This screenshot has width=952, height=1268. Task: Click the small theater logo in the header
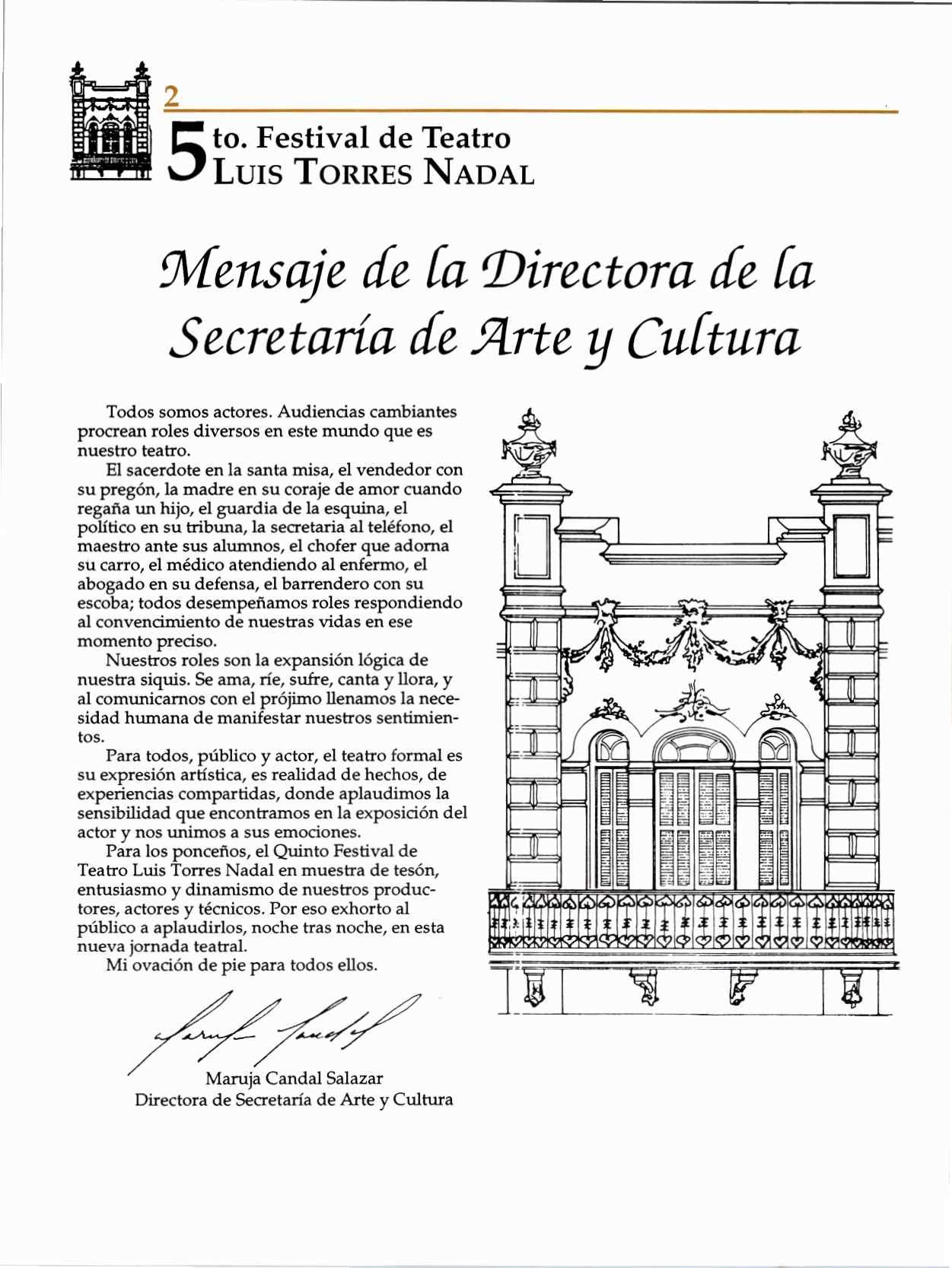[x=110, y=124]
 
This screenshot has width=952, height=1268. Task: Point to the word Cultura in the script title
[x=715, y=338]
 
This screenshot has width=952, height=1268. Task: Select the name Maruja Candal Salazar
[x=294, y=1079]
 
